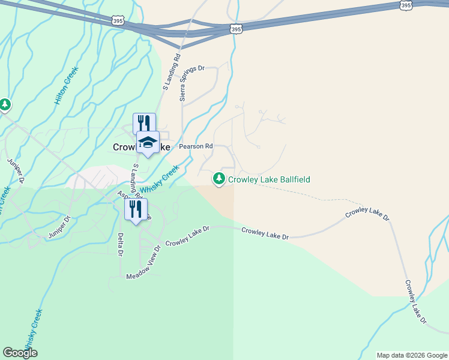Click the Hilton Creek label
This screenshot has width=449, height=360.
click(67, 86)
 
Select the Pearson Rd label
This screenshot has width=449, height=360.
click(196, 146)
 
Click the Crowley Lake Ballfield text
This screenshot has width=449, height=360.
click(268, 179)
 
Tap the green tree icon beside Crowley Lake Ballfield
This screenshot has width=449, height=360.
click(219, 179)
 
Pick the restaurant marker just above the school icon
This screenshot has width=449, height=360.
click(144, 124)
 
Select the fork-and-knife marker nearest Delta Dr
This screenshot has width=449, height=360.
click(136, 209)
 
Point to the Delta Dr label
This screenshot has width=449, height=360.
click(121, 244)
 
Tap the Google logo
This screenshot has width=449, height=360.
click(20, 353)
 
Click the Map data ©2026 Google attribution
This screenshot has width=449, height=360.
click(411, 355)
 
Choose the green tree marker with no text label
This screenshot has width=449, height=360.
click(5, 106)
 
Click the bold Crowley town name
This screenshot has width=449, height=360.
click(125, 147)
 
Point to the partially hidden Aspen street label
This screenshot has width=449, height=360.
click(122, 194)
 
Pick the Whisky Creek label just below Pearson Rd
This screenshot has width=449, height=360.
click(160, 179)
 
